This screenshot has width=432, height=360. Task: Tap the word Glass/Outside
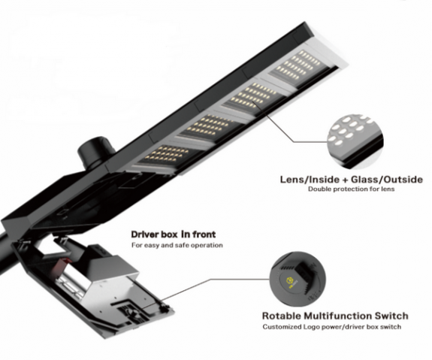387,180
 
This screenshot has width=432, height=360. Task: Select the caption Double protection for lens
352,189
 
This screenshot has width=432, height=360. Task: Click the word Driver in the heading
145,234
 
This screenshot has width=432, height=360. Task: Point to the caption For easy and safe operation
177,245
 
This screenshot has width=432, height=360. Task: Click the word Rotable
281,316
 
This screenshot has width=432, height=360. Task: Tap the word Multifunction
337,316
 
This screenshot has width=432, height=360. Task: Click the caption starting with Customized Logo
332,327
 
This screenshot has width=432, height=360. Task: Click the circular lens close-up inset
355,142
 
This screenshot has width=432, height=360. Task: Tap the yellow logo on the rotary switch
289,280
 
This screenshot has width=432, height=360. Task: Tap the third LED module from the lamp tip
211,127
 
